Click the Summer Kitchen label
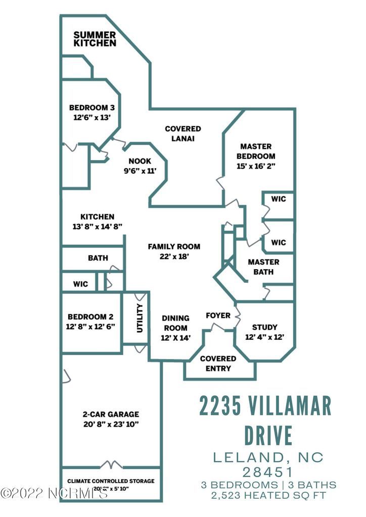tap(95, 39)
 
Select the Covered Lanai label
tap(183, 134)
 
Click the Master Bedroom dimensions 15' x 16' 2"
tap(255, 166)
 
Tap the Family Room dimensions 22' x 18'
tap(174, 256)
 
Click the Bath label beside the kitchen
tap(98, 258)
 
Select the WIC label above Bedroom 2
tap(80, 284)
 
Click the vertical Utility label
tap(140, 318)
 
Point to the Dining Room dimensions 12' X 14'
tap(176, 338)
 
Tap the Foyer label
tap(218, 316)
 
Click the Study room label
tap(264, 327)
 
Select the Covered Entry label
tap(218, 363)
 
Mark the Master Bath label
tap(263, 267)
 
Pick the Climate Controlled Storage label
tap(111, 481)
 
